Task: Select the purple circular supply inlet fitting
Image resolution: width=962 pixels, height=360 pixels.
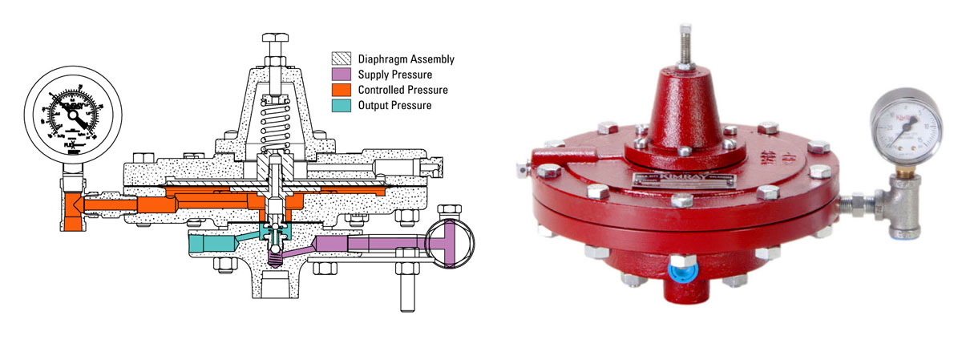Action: (448, 241)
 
